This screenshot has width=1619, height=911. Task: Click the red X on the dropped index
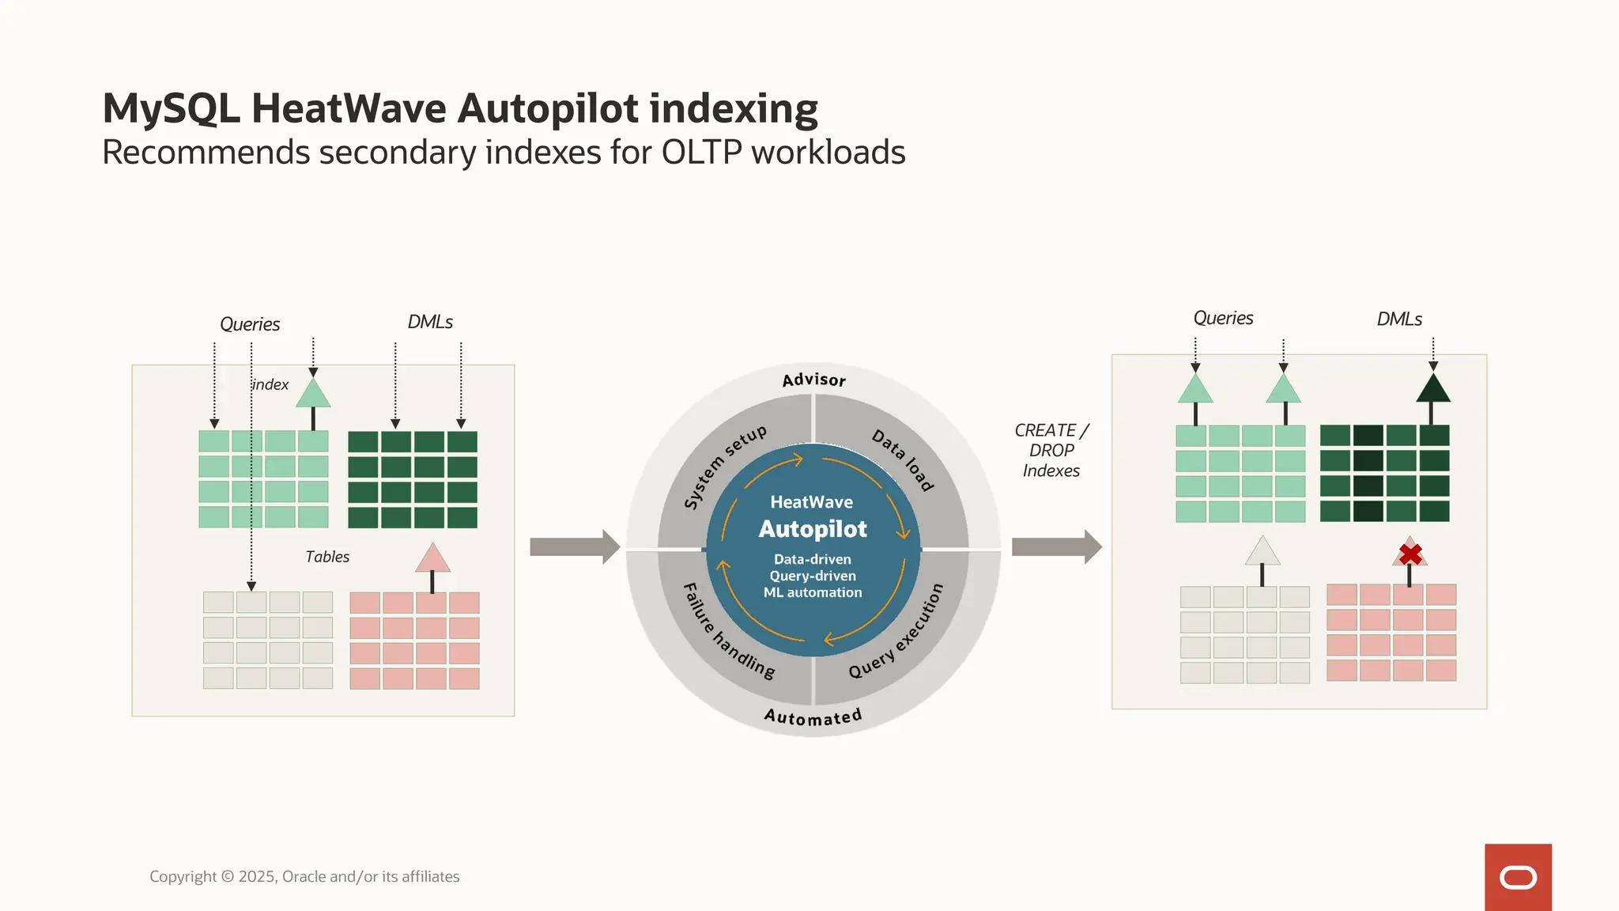[x=1410, y=554]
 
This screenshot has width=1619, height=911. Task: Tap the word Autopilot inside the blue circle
[x=813, y=529]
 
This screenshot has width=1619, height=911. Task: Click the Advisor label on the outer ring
[x=813, y=380]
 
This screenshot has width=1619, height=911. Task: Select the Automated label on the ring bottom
[x=813, y=717]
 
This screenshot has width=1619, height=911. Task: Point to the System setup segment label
[x=724, y=467]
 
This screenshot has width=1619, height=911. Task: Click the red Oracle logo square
[x=1517, y=877]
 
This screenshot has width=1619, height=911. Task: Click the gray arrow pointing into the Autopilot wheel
[x=574, y=546]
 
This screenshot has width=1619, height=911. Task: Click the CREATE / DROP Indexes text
[x=1051, y=451]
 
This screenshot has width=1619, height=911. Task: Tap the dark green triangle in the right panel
[x=1432, y=388]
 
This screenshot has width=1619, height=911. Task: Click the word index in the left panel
[x=270, y=384]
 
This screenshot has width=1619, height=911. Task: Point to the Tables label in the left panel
[x=327, y=557]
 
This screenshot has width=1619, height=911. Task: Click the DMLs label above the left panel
[x=430, y=322]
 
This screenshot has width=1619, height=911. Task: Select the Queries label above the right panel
[x=1223, y=318]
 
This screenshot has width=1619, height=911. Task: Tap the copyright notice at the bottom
[x=304, y=876]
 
